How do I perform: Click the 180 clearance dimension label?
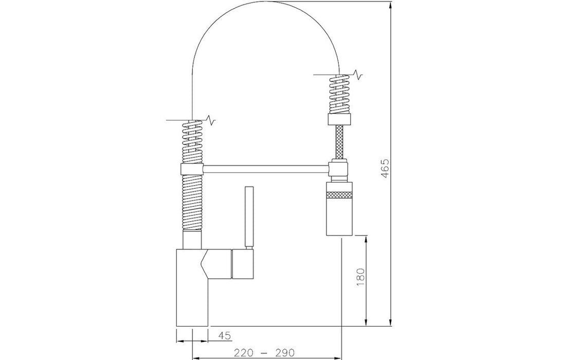click(360, 277)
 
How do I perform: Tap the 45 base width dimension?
click(225, 336)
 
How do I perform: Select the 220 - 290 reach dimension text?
click(264, 353)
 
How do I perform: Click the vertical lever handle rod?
click(249, 216)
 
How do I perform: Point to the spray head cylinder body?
click(339, 209)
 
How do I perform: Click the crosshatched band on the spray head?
click(339, 195)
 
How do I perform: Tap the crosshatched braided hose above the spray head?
click(339, 142)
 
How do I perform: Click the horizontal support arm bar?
click(266, 169)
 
